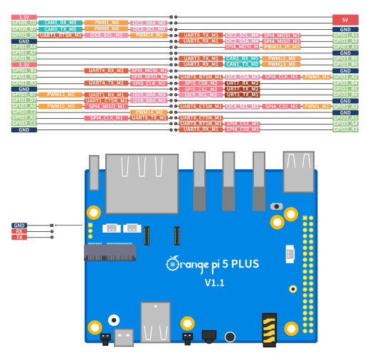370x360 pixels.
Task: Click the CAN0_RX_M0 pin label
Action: (x=60, y=23)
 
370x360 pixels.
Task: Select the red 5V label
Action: (x=345, y=20)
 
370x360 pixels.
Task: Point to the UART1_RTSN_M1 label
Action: (x=60, y=35)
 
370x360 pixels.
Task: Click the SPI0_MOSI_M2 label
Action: (x=149, y=70)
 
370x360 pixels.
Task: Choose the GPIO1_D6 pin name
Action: (x=24, y=35)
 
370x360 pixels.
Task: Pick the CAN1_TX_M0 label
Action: (x=242, y=64)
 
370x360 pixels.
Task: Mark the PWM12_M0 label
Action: (x=281, y=58)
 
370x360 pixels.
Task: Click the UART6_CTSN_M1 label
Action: (x=201, y=106)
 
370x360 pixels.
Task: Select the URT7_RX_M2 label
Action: (x=242, y=83)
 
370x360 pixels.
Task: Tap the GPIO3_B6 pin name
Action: (x=345, y=64)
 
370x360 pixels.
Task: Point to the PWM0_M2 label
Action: (x=317, y=77)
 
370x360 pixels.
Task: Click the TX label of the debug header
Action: (x=19, y=237)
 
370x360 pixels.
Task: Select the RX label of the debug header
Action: (x=19, y=231)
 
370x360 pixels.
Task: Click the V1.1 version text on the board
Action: (x=214, y=282)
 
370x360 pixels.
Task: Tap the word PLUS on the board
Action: (x=243, y=265)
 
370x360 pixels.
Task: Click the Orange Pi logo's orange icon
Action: (x=173, y=265)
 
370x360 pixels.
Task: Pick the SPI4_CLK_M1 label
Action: (x=106, y=118)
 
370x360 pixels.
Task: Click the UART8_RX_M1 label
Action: (x=201, y=129)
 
